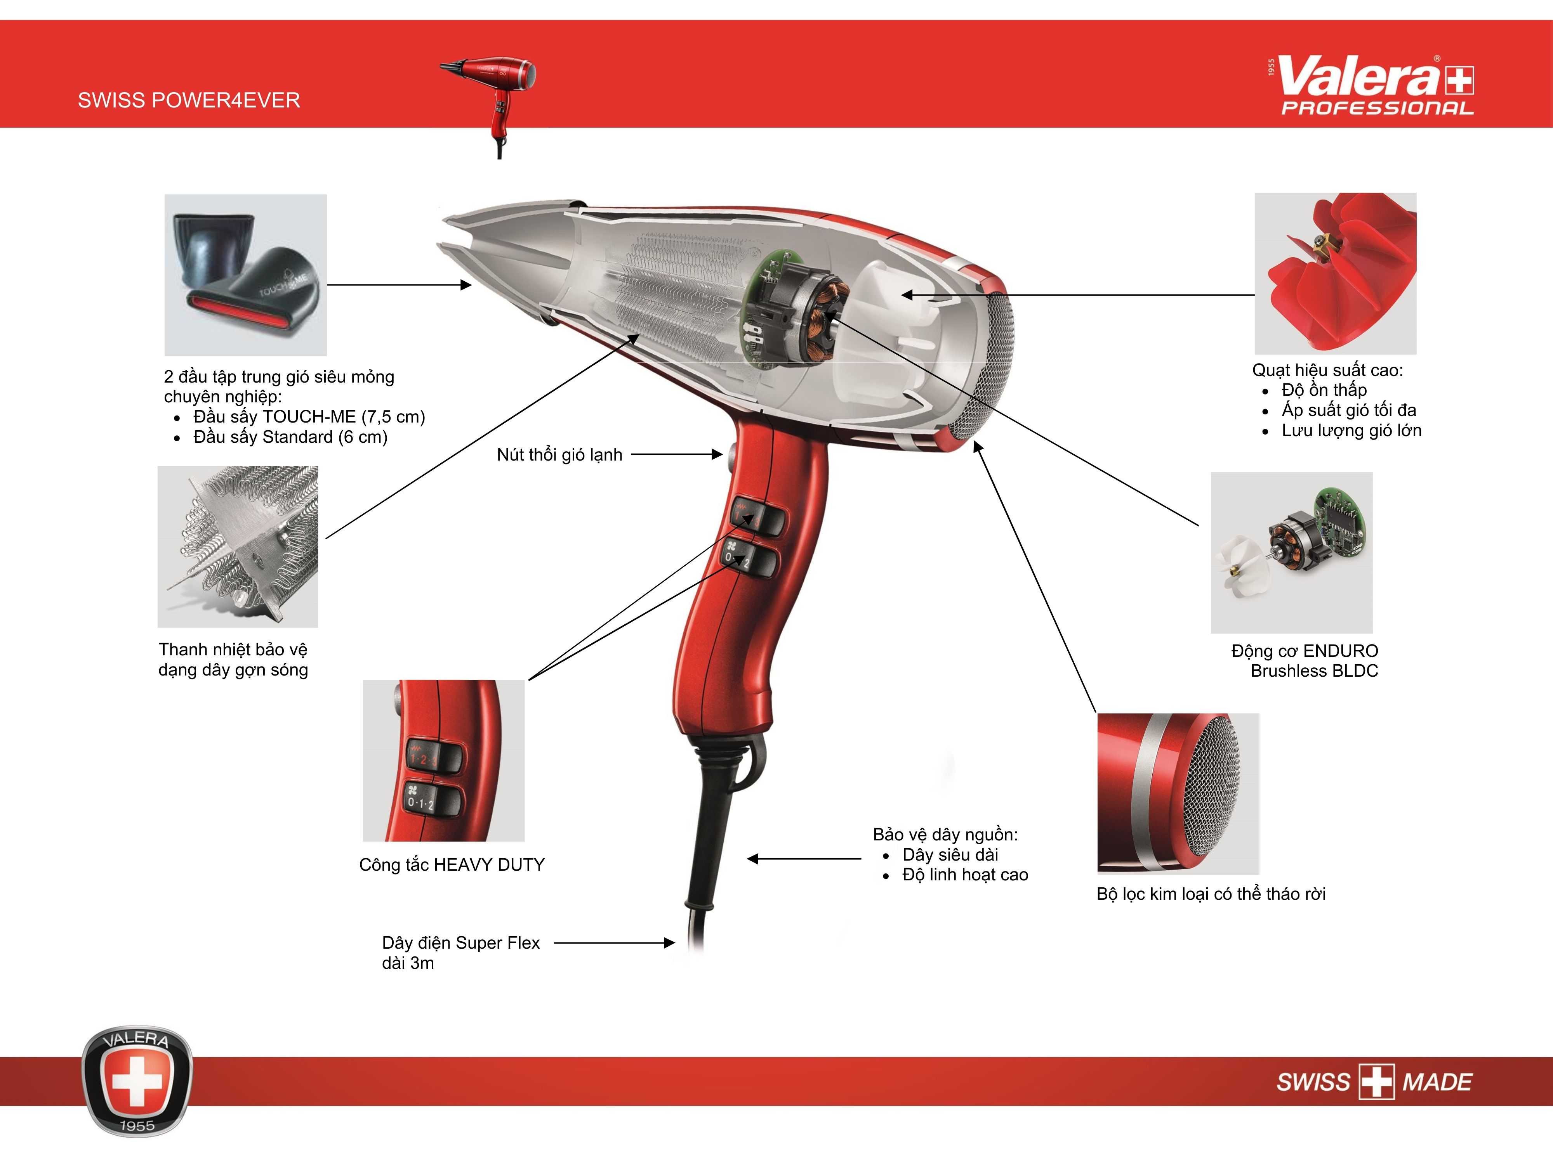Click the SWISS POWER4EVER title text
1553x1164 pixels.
coord(189,100)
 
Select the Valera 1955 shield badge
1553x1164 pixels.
coord(137,1081)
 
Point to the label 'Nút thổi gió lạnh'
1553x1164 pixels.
coord(559,455)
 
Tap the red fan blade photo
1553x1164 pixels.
coord(1335,274)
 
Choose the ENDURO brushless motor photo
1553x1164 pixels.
coord(1292,553)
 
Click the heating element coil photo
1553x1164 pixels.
coord(238,547)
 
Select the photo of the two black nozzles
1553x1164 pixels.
coord(246,275)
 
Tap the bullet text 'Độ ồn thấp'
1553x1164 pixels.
coord(1324,390)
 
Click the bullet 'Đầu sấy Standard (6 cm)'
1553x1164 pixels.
coord(291,437)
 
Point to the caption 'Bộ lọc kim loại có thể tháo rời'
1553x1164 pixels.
coord(1211,894)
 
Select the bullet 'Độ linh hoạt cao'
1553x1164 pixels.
coord(965,875)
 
